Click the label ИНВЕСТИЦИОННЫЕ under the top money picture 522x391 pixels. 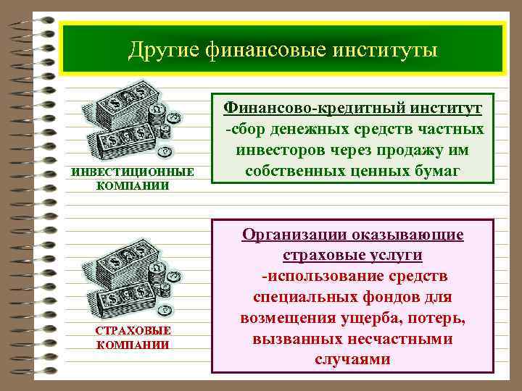coord(132,172)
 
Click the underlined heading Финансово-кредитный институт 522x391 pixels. coord(352,108)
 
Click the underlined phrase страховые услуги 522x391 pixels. coord(352,256)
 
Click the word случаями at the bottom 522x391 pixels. coord(352,360)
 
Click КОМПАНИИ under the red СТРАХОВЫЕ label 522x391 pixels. coord(132,344)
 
